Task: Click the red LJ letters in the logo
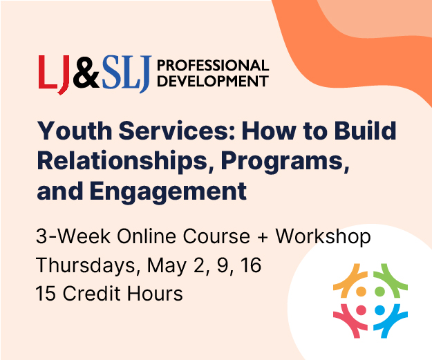tap(54, 75)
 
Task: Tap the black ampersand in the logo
tap(86, 72)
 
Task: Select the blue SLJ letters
tap(126, 74)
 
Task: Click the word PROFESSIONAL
tap(213, 65)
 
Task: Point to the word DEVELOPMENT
tap(213, 81)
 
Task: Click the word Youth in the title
tap(75, 131)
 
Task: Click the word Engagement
tap(168, 192)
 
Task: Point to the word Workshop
tap(323, 237)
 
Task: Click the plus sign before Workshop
tap(263, 238)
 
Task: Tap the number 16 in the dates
tap(251, 265)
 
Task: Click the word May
tap(167, 267)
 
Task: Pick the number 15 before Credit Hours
tap(47, 293)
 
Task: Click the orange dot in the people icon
tap(361, 291)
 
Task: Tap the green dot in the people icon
tap(380, 291)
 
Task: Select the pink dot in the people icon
tap(361, 310)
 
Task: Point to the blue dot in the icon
tap(380, 310)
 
